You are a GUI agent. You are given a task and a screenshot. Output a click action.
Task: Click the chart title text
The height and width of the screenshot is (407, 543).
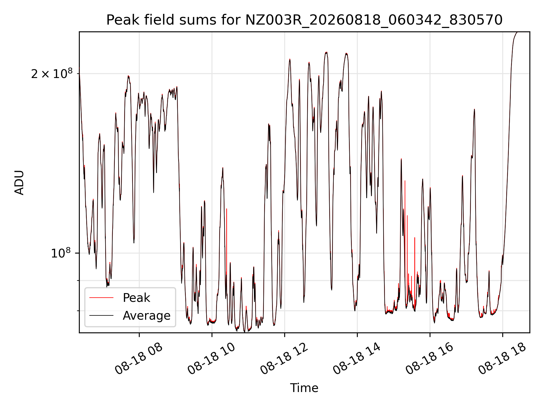tap(304, 20)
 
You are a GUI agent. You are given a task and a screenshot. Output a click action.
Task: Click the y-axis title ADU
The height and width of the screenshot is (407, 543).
tap(19, 183)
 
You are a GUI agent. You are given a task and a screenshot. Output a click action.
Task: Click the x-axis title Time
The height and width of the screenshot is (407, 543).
tap(304, 388)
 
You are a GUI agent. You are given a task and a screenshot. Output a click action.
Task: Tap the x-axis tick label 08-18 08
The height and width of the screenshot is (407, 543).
tap(139, 358)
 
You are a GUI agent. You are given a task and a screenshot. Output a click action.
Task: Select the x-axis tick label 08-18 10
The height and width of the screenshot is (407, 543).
tap(211, 358)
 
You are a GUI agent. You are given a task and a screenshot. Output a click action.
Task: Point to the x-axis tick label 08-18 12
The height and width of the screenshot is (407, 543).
tap(284, 358)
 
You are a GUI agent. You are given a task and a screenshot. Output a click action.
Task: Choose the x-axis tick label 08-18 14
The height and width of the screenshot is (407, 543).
tap(357, 358)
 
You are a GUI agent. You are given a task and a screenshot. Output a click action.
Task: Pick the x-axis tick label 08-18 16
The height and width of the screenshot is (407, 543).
tap(429, 358)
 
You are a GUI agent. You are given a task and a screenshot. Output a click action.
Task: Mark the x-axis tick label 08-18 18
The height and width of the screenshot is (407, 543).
tap(502, 358)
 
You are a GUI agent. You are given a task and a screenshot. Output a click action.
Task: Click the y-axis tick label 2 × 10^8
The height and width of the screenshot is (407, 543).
tap(51, 73)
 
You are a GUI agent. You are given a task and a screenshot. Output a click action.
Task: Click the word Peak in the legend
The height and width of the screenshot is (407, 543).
tap(136, 298)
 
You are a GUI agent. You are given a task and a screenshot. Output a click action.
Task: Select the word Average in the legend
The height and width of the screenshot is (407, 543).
tap(146, 316)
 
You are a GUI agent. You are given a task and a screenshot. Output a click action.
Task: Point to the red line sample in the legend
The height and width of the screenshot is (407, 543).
tap(101, 298)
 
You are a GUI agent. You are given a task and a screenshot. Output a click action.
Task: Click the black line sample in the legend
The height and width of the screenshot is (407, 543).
tap(101, 315)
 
